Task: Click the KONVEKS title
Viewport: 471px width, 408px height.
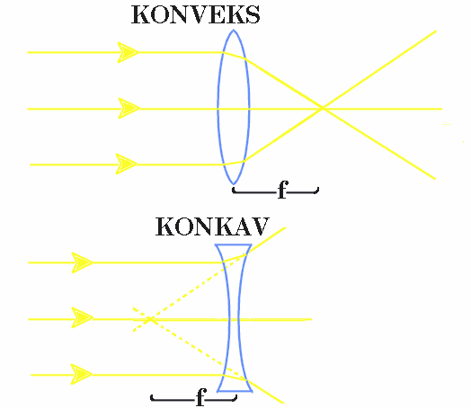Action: (x=196, y=15)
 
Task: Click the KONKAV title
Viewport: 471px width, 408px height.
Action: (x=212, y=226)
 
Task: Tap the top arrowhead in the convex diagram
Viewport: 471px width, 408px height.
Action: (x=129, y=52)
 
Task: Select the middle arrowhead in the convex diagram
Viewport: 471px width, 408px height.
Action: (x=129, y=108)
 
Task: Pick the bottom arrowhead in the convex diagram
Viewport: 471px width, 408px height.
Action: (x=127, y=164)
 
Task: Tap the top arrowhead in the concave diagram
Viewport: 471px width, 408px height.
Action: (x=82, y=262)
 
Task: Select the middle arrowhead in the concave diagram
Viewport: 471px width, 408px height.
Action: (x=83, y=317)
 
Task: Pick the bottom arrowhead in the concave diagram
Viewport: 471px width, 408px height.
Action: (x=82, y=374)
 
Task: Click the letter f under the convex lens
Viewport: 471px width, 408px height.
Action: (x=282, y=190)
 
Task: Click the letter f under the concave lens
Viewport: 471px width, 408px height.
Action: (x=201, y=397)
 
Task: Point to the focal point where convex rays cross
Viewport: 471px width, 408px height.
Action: (x=323, y=108)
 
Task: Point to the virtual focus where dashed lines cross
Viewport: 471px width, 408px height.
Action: (x=149, y=319)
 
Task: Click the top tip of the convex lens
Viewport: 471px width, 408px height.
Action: (x=234, y=30)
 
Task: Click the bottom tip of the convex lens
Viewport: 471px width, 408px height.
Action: (x=234, y=183)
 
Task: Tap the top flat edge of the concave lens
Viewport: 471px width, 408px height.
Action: (x=234, y=245)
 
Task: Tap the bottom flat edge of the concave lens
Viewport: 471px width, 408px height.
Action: (x=235, y=391)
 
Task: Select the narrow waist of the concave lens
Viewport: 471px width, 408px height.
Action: (x=234, y=319)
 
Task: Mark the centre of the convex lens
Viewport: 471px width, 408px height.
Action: (x=234, y=108)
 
